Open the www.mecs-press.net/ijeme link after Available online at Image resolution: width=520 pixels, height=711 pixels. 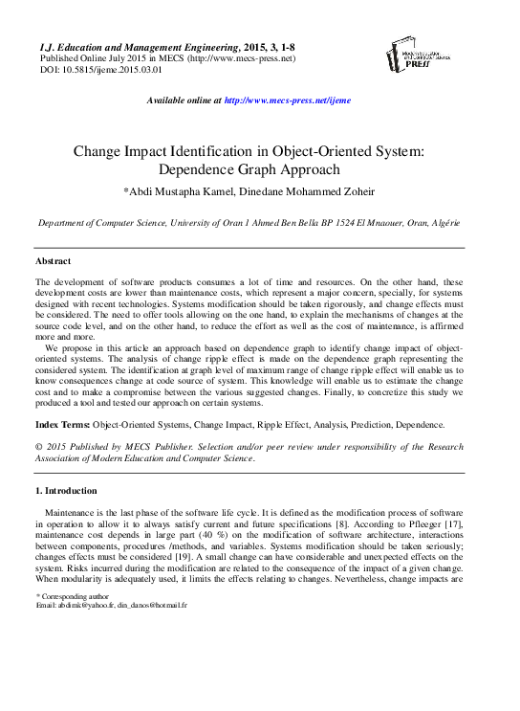pos(288,100)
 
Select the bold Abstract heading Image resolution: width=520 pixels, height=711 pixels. pos(54,260)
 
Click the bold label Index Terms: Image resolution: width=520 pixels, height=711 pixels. pos(62,422)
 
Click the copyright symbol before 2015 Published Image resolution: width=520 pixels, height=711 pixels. pos(39,446)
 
